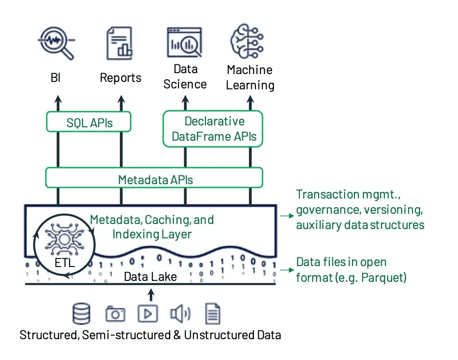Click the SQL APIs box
(89, 123)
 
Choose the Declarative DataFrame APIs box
(213, 129)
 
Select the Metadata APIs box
(155, 179)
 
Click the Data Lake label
(150, 277)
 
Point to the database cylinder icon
(81, 314)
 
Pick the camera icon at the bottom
(115, 314)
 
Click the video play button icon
(148, 314)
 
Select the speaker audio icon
(179, 314)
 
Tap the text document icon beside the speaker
(212, 314)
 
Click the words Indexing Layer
(152, 234)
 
